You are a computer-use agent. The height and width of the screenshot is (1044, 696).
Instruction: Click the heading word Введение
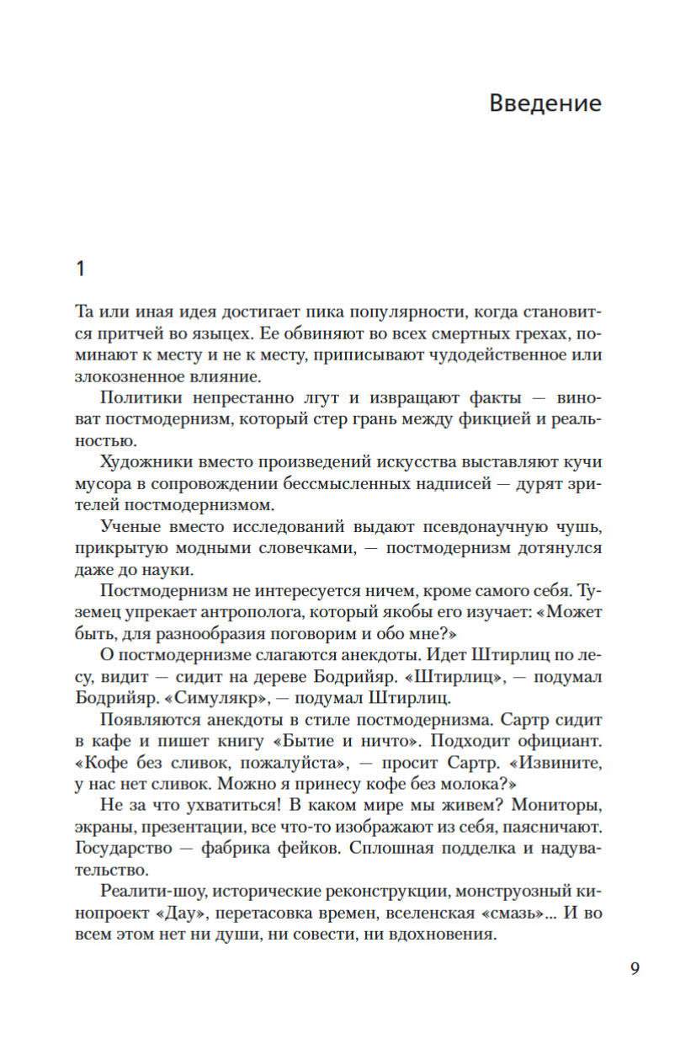point(545,104)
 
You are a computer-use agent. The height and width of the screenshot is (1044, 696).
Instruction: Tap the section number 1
point(81,269)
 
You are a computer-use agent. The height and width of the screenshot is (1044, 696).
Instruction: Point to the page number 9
point(635,967)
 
